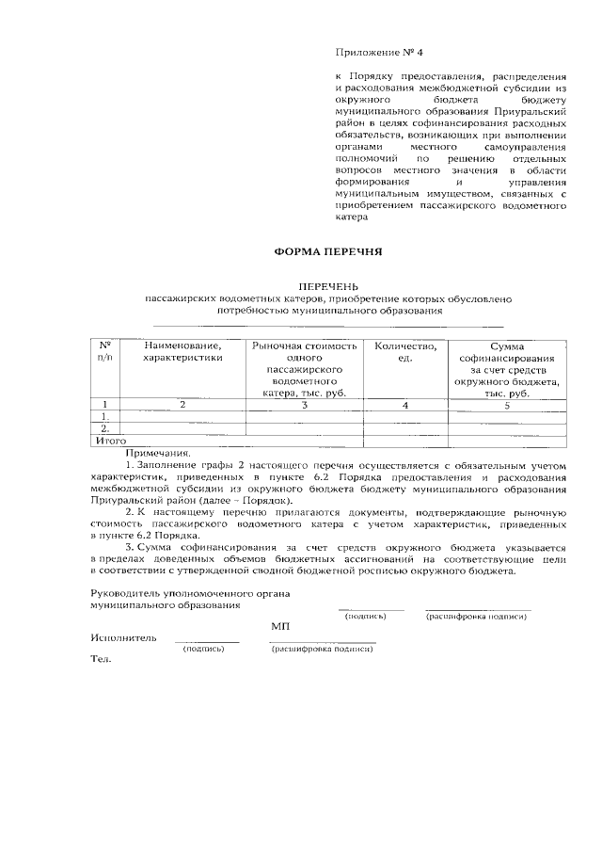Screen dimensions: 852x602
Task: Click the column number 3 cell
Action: [305, 405]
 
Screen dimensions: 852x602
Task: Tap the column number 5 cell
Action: [507, 405]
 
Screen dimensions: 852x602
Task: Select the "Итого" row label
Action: [111, 440]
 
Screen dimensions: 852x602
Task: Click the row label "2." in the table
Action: [105, 428]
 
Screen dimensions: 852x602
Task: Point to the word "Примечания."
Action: [157, 452]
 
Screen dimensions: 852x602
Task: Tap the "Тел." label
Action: [100, 659]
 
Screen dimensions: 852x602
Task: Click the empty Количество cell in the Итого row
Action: [405, 440]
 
